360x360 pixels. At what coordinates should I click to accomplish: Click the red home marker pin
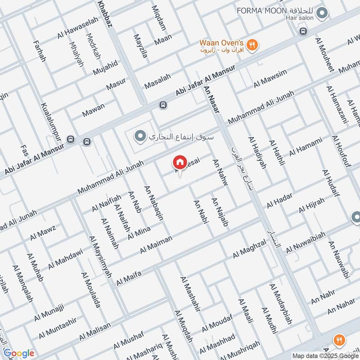pyautogui.click(x=180, y=162)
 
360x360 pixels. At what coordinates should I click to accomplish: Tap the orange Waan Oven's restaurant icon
pyautogui.click(x=253, y=45)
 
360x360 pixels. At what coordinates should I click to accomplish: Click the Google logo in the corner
pyautogui.click(x=18, y=353)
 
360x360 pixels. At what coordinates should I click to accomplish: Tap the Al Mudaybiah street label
pyautogui.click(x=280, y=304)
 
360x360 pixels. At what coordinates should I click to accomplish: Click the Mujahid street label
pyautogui.click(x=105, y=67)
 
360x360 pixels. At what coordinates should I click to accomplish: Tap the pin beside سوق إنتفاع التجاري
pyautogui.click(x=140, y=135)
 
